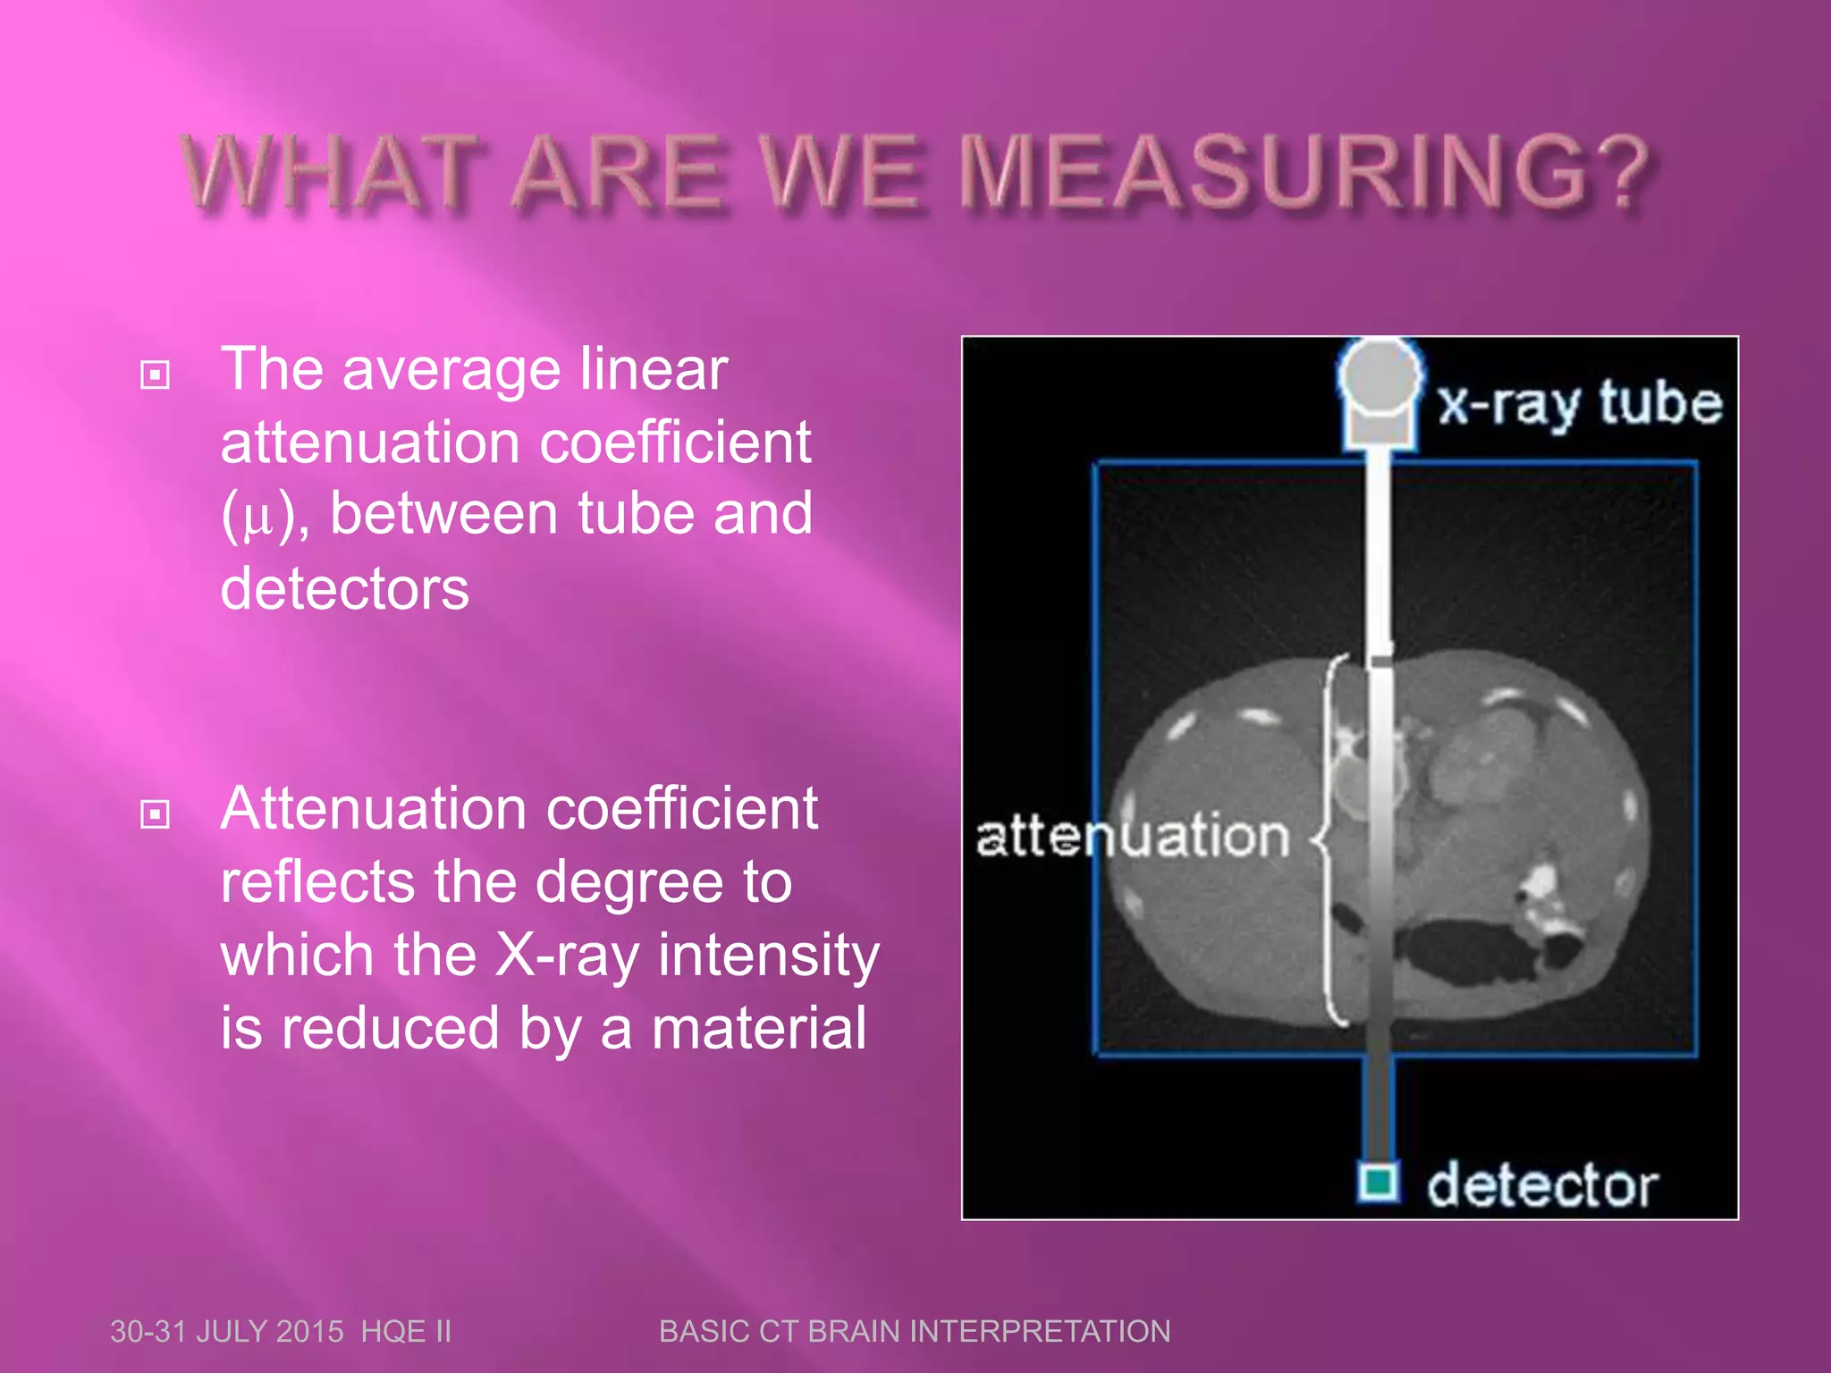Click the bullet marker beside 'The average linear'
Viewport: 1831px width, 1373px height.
tap(155, 375)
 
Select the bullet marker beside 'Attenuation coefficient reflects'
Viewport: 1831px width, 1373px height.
tap(155, 813)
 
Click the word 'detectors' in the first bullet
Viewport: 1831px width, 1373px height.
tap(344, 589)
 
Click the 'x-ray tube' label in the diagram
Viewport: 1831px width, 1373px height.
tap(1579, 404)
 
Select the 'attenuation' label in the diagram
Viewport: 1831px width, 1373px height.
tap(1132, 837)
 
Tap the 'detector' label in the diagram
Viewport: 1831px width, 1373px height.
tap(1541, 1186)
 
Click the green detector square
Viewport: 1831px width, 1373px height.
tap(1378, 1183)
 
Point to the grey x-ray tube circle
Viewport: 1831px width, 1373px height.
tap(1379, 375)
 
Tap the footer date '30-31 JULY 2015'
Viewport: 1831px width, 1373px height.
tap(226, 1332)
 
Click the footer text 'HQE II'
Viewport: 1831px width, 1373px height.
tap(406, 1332)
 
